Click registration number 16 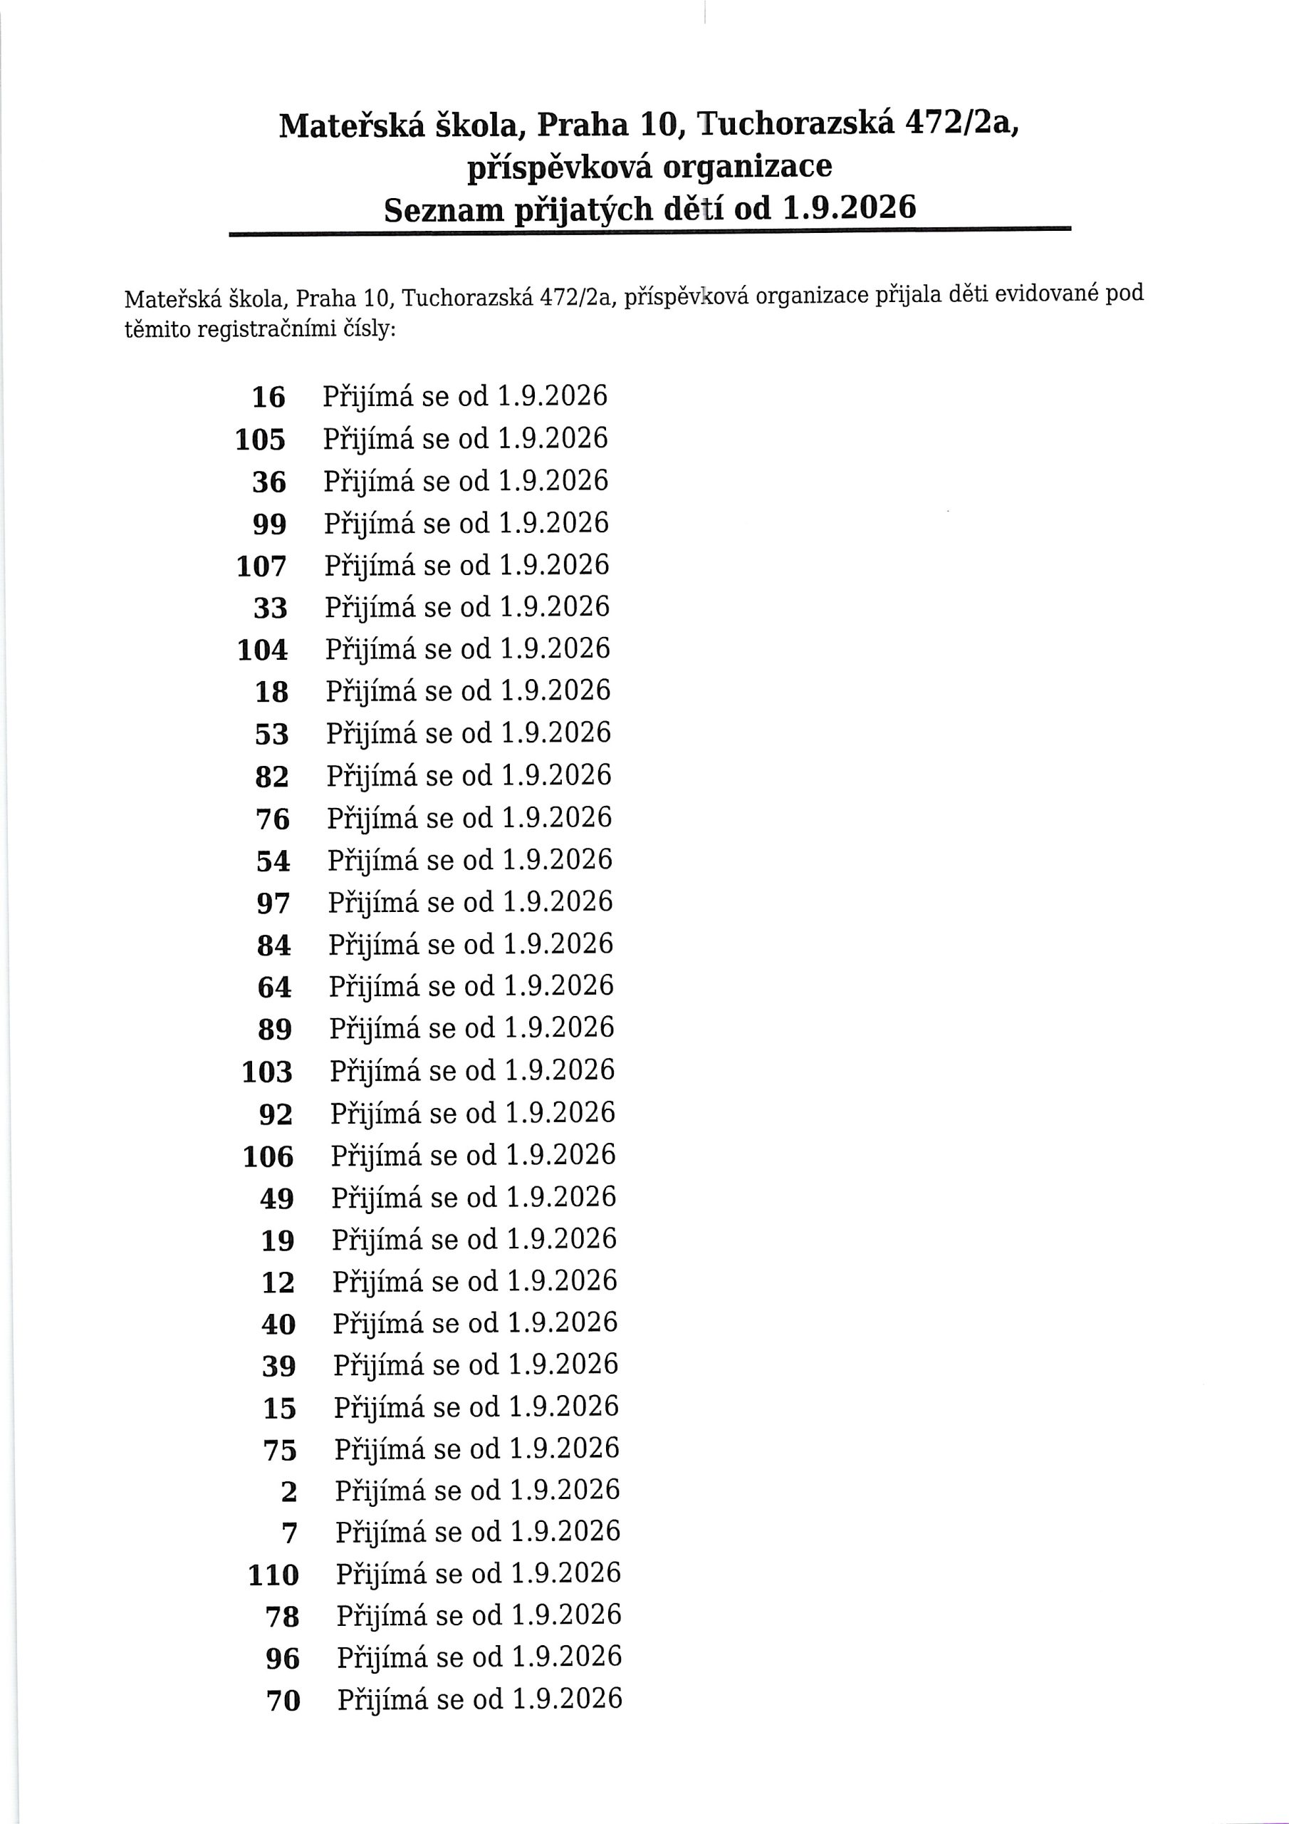(x=268, y=396)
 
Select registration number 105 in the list (x=261, y=440)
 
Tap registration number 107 (x=261, y=566)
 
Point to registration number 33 (x=270, y=608)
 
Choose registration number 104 (x=262, y=651)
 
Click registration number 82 (x=271, y=777)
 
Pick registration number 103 (x=267, y=1072)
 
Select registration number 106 (x=268, y=1156)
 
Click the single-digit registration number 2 (x=289, y=1493)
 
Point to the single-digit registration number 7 (x=290, y=1535)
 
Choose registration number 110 (x=273, y=1577)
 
